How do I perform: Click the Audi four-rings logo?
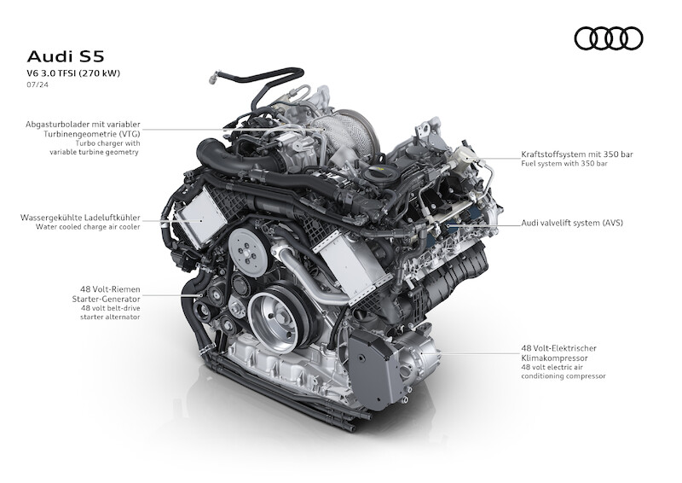point(609,38)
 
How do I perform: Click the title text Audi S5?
point(66,56)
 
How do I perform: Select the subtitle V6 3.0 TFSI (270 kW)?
point(73,73)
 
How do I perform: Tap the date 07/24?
point(38,84)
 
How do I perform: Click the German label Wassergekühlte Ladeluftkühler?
point(80,218)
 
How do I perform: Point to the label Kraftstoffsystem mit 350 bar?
point(577,154)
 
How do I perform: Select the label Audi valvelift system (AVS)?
point(572,223)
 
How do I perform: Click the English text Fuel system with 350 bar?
point(564,164)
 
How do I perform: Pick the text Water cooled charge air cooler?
point(88,227)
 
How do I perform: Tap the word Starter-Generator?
point(106,300)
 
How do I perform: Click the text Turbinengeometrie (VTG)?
point(92,134)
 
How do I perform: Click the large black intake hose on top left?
point(235,160)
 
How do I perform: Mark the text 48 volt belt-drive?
point(111,308)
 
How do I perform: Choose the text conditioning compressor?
point(564,376)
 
